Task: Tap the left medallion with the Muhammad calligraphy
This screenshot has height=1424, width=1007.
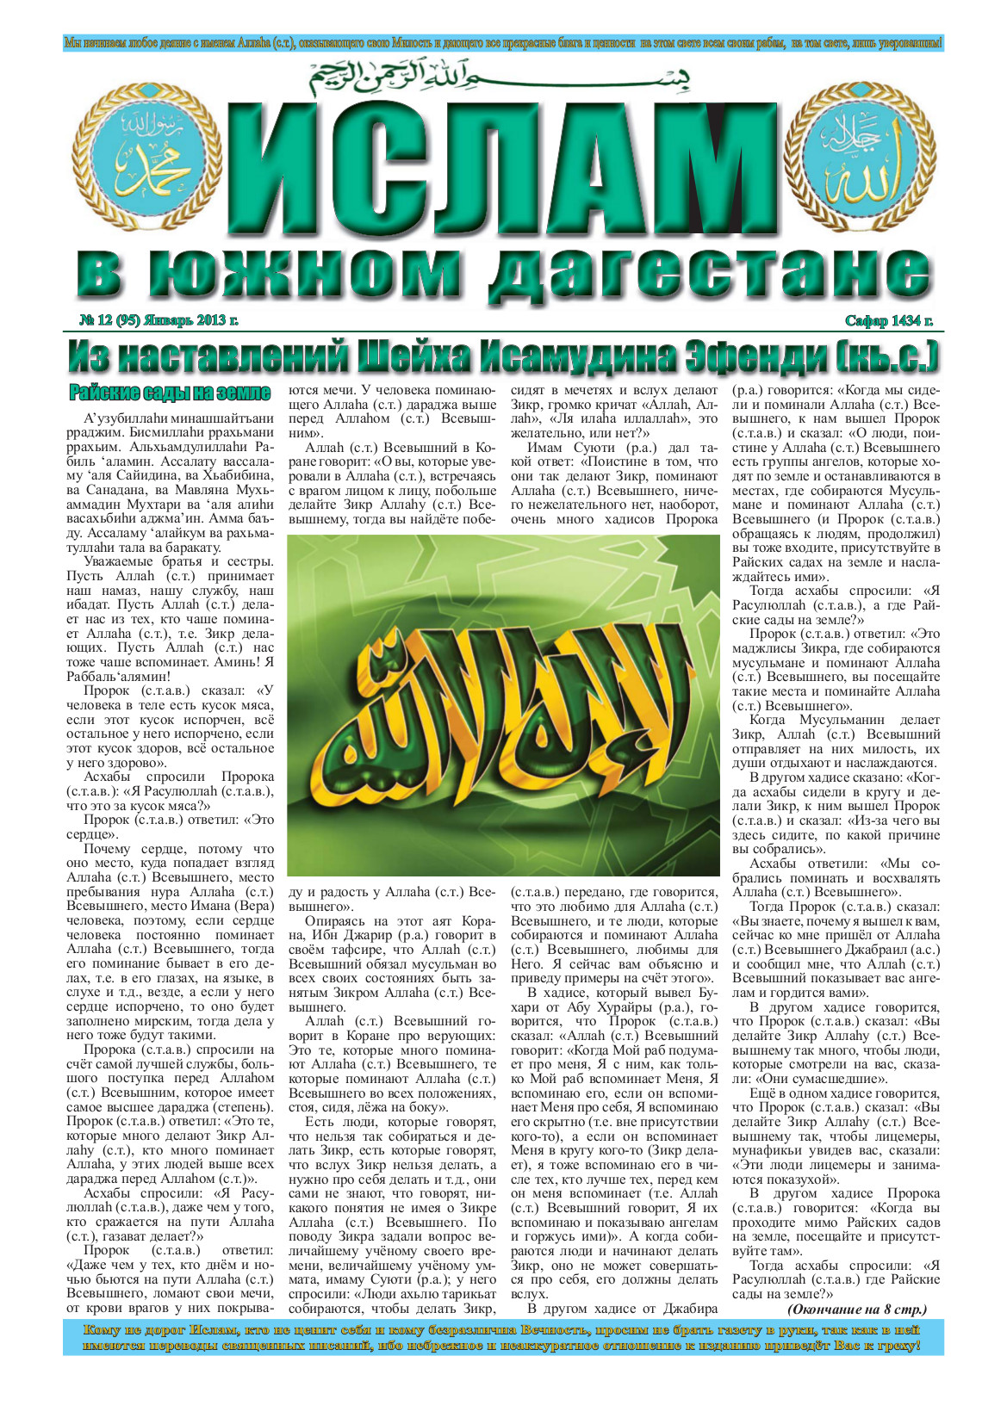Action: [153, 161]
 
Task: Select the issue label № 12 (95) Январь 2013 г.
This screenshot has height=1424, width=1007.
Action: [159, 321]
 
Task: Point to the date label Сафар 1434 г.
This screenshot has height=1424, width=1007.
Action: [888, 321]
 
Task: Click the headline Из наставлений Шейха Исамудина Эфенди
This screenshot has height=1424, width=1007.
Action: [503, 356]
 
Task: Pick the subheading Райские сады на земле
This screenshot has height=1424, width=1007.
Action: [170, 393]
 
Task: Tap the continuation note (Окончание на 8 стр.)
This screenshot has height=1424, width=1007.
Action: [856, 1309]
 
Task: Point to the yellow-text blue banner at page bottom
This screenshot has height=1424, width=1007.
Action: [503, 1337]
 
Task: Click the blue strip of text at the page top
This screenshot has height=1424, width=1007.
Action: [503, 42]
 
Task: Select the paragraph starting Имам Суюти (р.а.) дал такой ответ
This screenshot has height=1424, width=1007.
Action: [613, 483]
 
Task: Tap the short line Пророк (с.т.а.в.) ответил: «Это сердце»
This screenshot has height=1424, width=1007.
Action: [170, 827]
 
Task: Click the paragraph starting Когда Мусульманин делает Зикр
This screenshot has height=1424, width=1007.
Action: [836, 741]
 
